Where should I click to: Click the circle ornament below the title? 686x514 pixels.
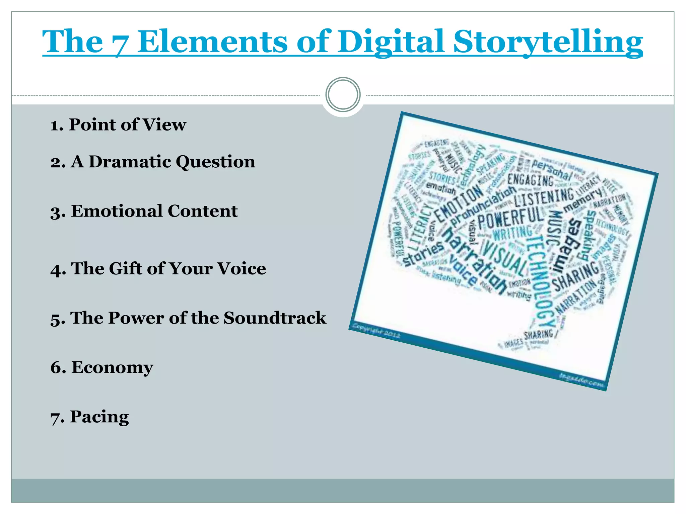click(343, 95)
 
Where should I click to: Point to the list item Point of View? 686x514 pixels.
click(118, 124)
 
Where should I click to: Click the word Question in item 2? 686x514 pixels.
click(215, 162)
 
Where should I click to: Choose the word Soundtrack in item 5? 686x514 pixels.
click(275, 318)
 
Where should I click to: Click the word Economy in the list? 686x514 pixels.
click(112, 367)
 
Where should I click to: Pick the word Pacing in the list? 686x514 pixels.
click(99, 417)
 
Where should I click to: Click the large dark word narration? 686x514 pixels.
click(476, 261)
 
